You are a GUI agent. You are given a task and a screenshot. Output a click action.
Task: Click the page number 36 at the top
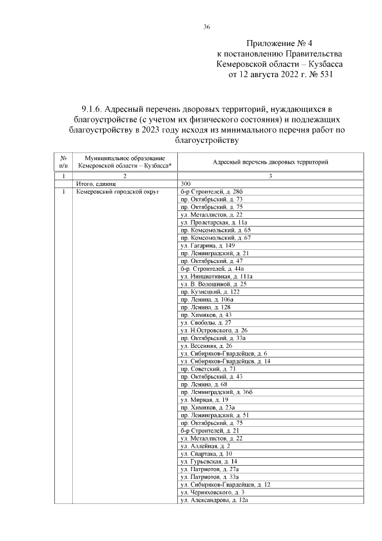pyautogui.click(x=206, y=26)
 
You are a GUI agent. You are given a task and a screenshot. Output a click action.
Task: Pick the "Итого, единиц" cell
pyautogui.click(x=94, y=184)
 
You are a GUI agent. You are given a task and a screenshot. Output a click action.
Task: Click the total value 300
pyautogui.click(x=185, y=184)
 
